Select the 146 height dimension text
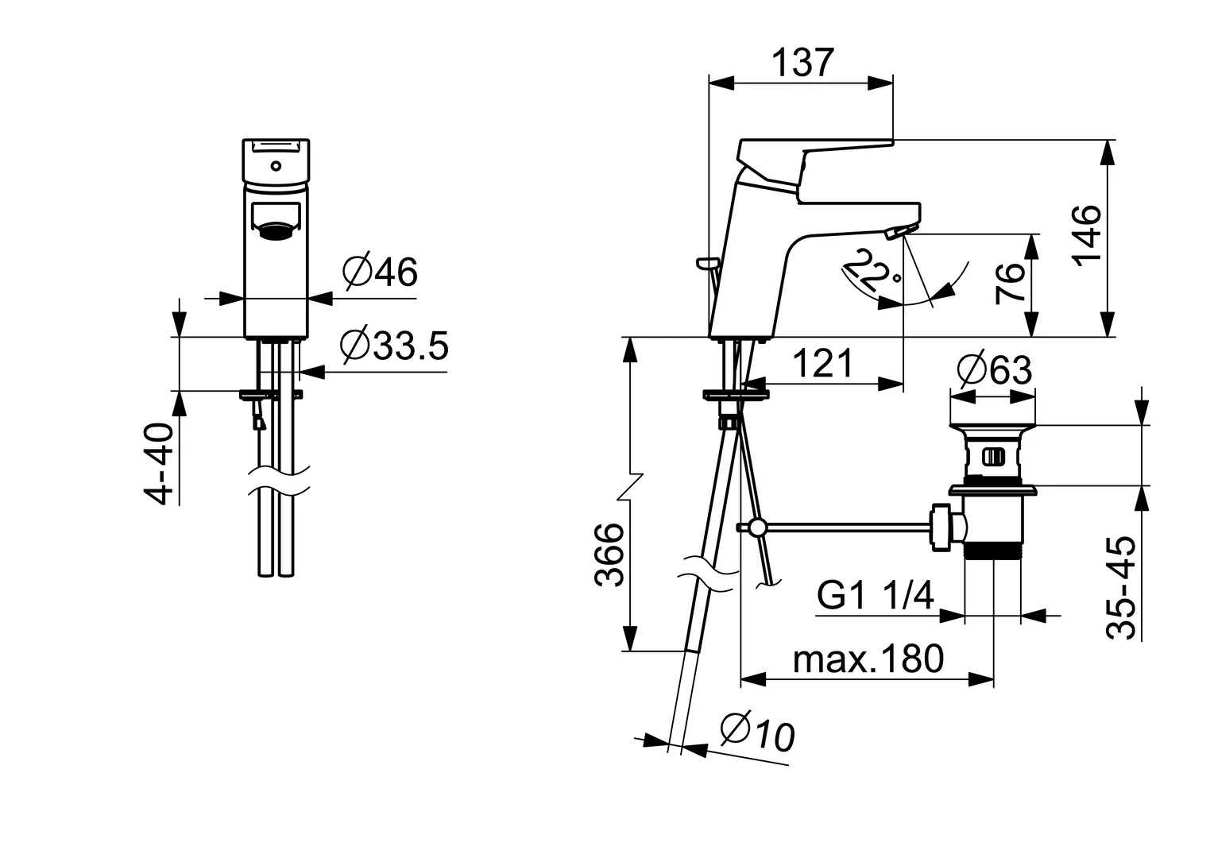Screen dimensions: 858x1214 tap(1086, 234)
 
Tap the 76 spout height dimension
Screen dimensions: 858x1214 tap(1011, 284)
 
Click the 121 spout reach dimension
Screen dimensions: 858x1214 tap(823, 364)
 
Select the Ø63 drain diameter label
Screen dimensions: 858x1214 tap(995, 369)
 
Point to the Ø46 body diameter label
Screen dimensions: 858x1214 tap(380, 272)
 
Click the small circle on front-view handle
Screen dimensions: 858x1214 tap(275, 166)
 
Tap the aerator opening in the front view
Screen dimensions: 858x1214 tap(275, 231)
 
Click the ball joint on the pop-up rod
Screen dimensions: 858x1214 tap(757, 528)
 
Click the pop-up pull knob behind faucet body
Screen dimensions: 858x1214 tap(706, 261)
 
